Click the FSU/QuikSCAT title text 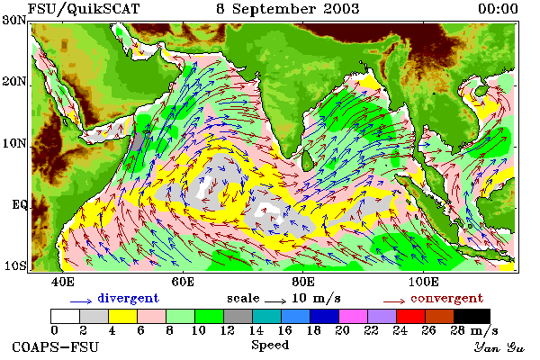click(x=84, y=9)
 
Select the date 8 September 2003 click(x=288, y=9)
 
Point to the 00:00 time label click(x=498, y=9)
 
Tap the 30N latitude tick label click(x=14, y=20)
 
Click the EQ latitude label click(x=20, y=204)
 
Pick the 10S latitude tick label click(x=15, y=266)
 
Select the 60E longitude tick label click(x=183, y=282)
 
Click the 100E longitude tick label click(x=424, y=282)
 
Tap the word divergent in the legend click(x=128, y=298)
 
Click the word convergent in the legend click(x=447, y=298)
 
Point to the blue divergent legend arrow click(x=81, y=301)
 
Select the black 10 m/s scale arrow click(x=275, y=301)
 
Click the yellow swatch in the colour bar click(x=123, y=316)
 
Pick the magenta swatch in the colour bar click(x=354, y=316)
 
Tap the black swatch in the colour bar click(x=472, y=316)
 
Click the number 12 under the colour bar click(x=228, y=330)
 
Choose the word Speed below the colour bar click(x=270, y=346)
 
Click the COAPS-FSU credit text click(x=55, y=346)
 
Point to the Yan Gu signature click(x=499, y=347)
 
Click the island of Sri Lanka click(x=307, y=160)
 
